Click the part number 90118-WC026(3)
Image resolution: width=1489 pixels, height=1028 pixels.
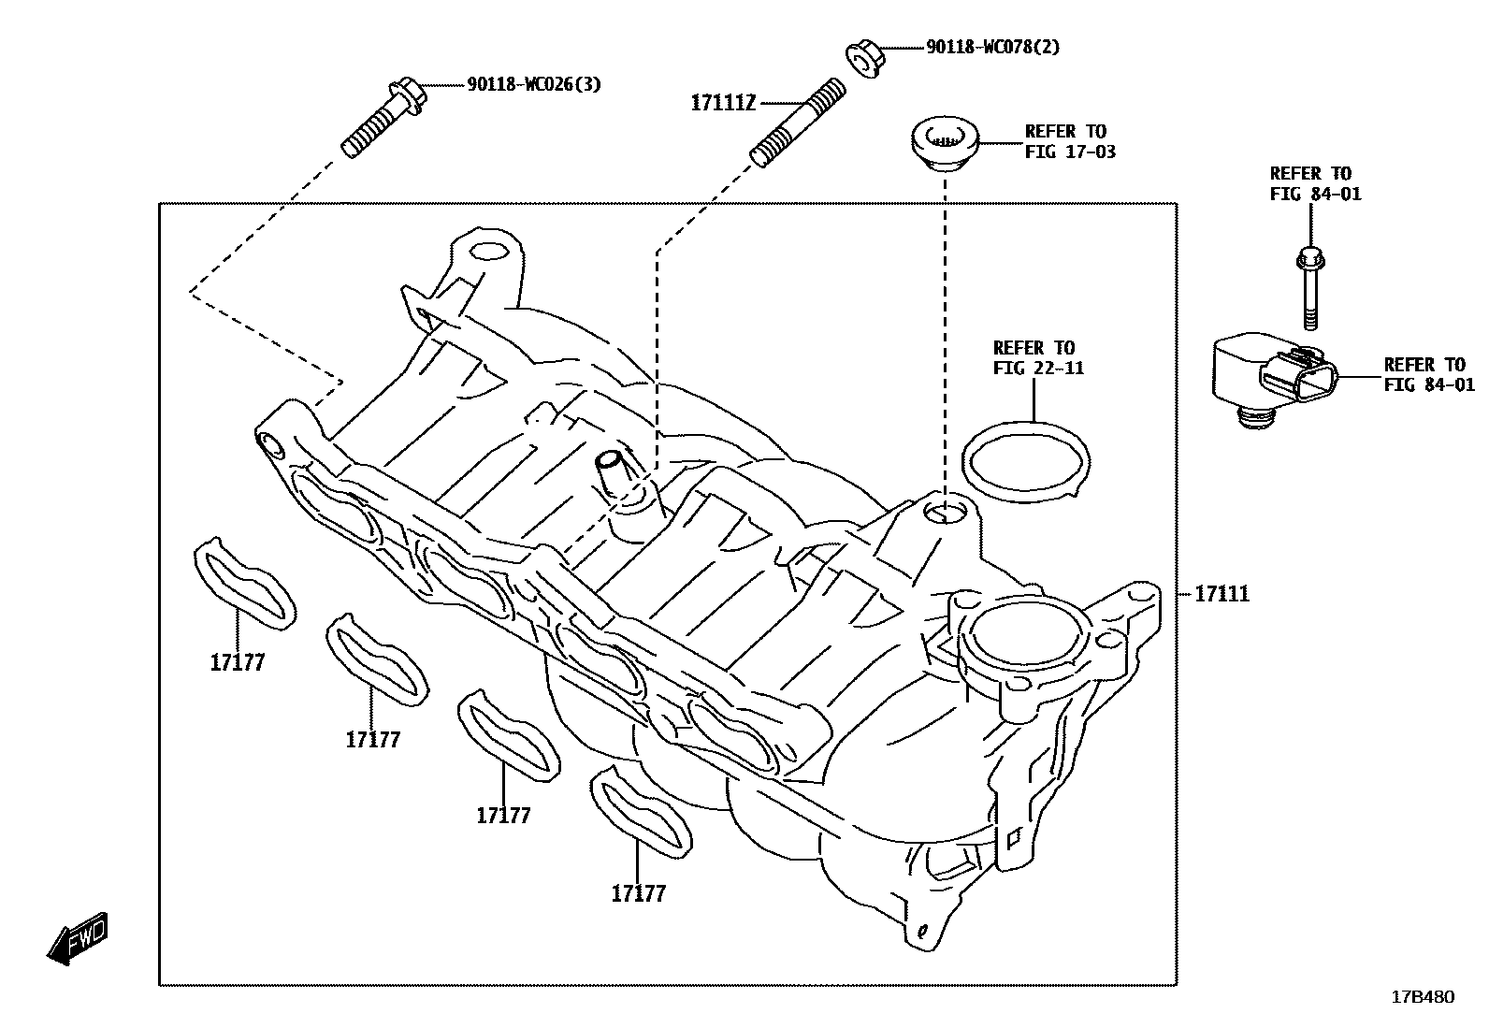[534, 85]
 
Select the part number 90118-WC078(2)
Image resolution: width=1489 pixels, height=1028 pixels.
[992, 47]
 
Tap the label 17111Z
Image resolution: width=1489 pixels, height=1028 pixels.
[722, 103]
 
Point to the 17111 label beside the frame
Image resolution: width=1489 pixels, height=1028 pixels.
[1222, 594]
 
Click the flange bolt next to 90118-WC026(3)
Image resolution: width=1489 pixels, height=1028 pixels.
[383, 119]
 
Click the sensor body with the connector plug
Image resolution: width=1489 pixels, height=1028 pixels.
[1272, 379]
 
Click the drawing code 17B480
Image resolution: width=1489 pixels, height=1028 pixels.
[1423, 996]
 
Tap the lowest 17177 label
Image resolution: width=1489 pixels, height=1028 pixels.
[638, 894]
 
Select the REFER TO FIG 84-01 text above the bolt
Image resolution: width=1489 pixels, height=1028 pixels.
[1315, 183]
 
